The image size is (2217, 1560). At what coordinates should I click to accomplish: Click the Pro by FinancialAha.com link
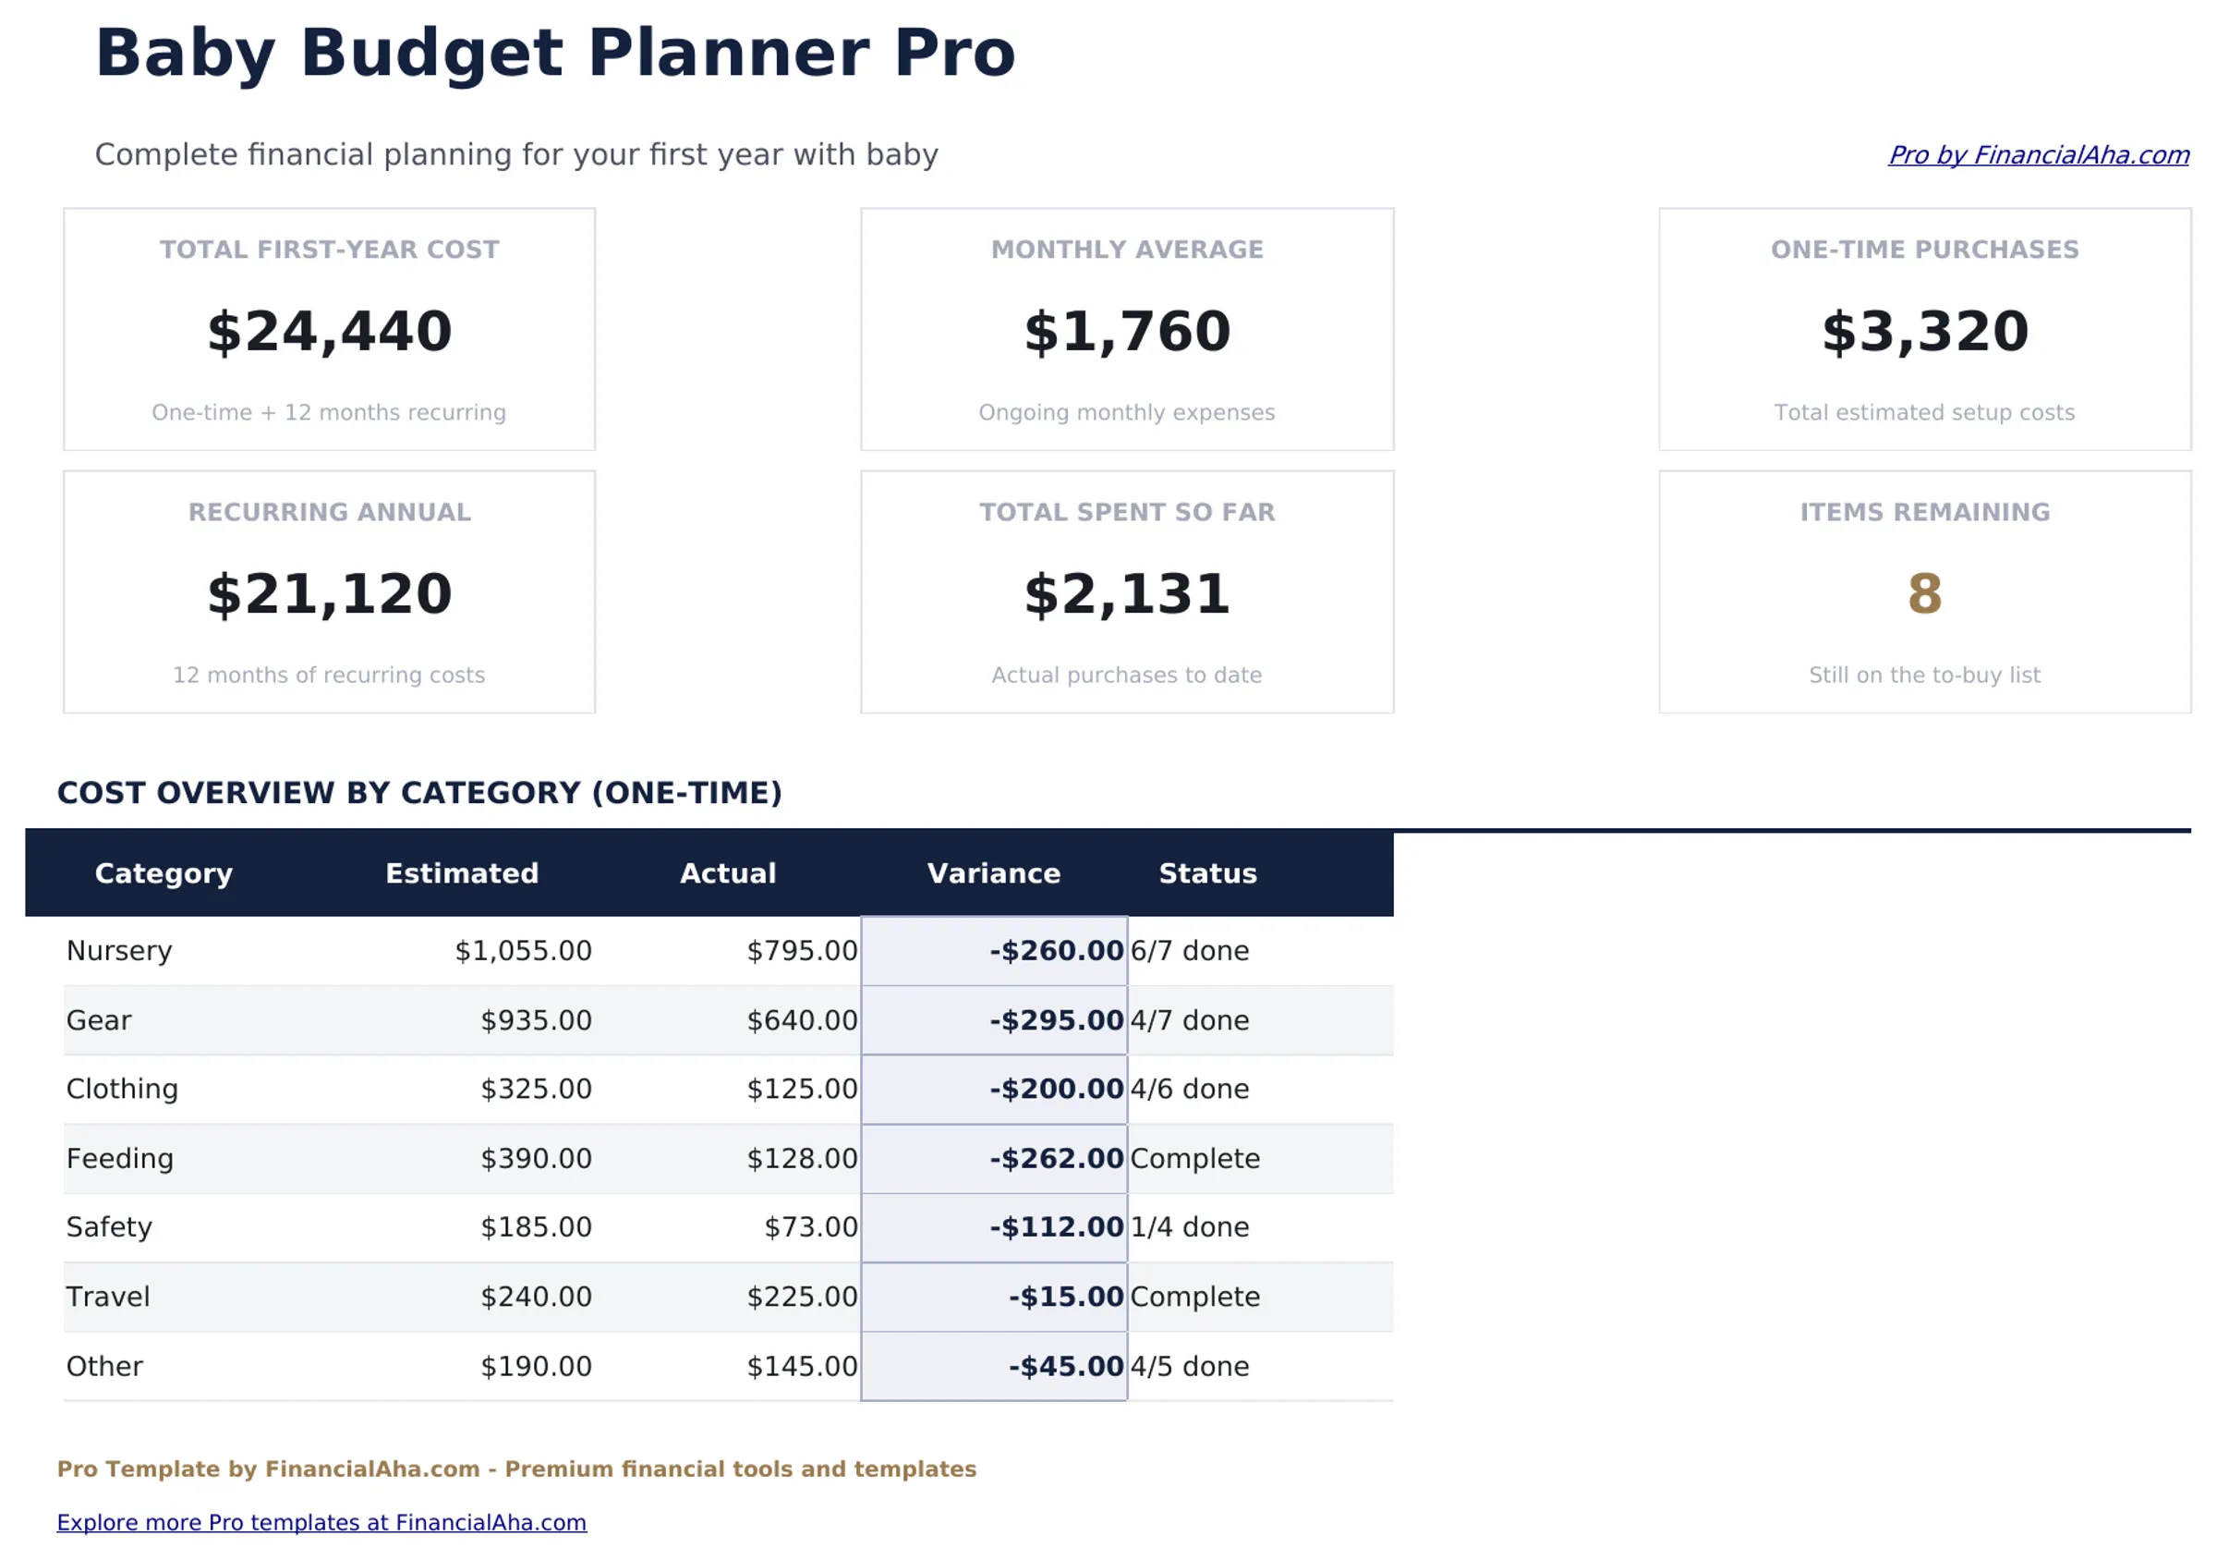pyautogui.click(x=2038, y=155)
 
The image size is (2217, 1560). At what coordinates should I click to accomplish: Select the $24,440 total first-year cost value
pyautogui.click(x=329, y=332)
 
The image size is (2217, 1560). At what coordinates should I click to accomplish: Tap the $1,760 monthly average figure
pyautogui.click(x=1127, y=332)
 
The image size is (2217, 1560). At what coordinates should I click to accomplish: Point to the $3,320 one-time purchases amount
pyautogui.click(x=1924, y=332)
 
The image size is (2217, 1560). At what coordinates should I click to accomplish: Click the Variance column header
pyautogui.click(x=994, y=873)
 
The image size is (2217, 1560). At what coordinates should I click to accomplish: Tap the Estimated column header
pyautogui.click(x=462, y=873)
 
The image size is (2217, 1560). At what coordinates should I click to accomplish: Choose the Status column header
pyautogui.click(x=1208, y=873)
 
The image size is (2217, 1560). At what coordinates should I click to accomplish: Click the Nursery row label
pyautogui.click(x=119, y=952)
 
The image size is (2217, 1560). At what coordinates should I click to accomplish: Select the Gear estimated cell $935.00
pyautogui.click(x=536, y=1021)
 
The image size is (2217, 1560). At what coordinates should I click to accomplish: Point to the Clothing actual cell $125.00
pyautogui.click(x=802, y=1090)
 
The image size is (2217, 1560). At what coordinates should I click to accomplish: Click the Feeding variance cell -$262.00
pyautogui.click(x=1057, y=1159)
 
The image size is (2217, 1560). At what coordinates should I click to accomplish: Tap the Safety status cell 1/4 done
pyautogui.click(x=1190, y=1227)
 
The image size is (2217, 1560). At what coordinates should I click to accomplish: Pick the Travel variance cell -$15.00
pyautogui.click(x=1066, y=1298)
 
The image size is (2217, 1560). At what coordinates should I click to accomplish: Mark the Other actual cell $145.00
pyautogui.click(x=802, y=1367)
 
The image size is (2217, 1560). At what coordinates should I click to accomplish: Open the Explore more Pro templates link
pyautogui.click(x=321, y=1523)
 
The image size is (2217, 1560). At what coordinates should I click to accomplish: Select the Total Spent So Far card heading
pyautogui.click(x=1127, y=513)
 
